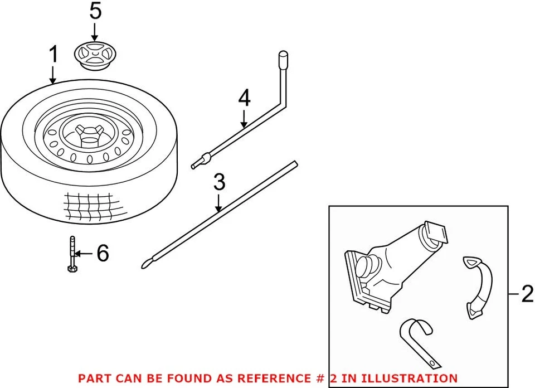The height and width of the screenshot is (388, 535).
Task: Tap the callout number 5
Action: (96, 11)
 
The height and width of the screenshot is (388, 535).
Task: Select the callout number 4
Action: (244, 98)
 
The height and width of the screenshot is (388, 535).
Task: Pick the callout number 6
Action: (102, 254)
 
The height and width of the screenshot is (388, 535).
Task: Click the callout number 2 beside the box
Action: (526, 294)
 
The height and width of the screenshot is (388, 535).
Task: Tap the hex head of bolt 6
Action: (71, 270)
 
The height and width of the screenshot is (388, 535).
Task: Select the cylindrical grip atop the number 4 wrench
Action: (283, 59)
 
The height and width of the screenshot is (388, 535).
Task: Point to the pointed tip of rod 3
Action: (145, 265)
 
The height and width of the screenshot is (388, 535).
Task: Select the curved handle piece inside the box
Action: (478, 287)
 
